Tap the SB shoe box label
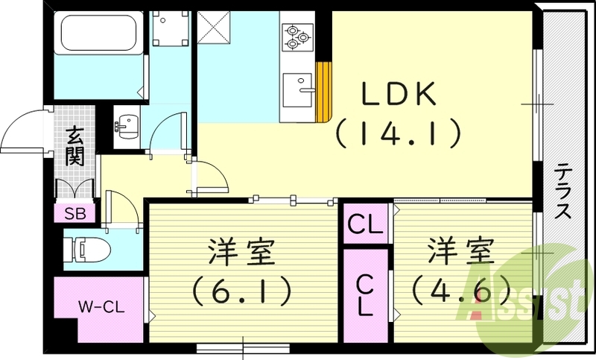coord(74,213)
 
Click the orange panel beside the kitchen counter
coord(324,91)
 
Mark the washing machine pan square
coord(171,28)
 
